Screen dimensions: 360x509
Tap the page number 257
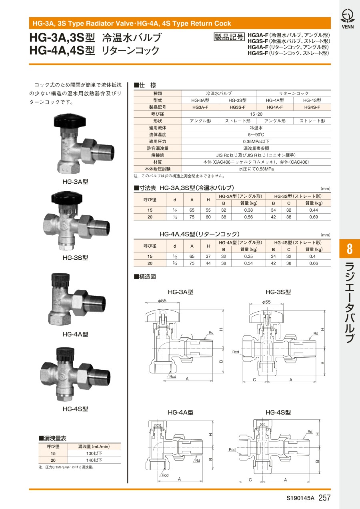pos(324,498)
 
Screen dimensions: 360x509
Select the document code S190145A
pos(300,498)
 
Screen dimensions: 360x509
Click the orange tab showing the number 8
pos(350,248)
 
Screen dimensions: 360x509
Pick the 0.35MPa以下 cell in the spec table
pos(256,142)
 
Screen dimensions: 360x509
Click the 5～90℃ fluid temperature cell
pos(256,135)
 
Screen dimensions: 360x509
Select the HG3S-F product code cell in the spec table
pos(237,107)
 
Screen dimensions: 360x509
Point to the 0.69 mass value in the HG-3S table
pos(314,217)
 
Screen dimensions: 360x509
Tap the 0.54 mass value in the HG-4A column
pos(248,263)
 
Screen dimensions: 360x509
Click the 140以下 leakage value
pos(94,460)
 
